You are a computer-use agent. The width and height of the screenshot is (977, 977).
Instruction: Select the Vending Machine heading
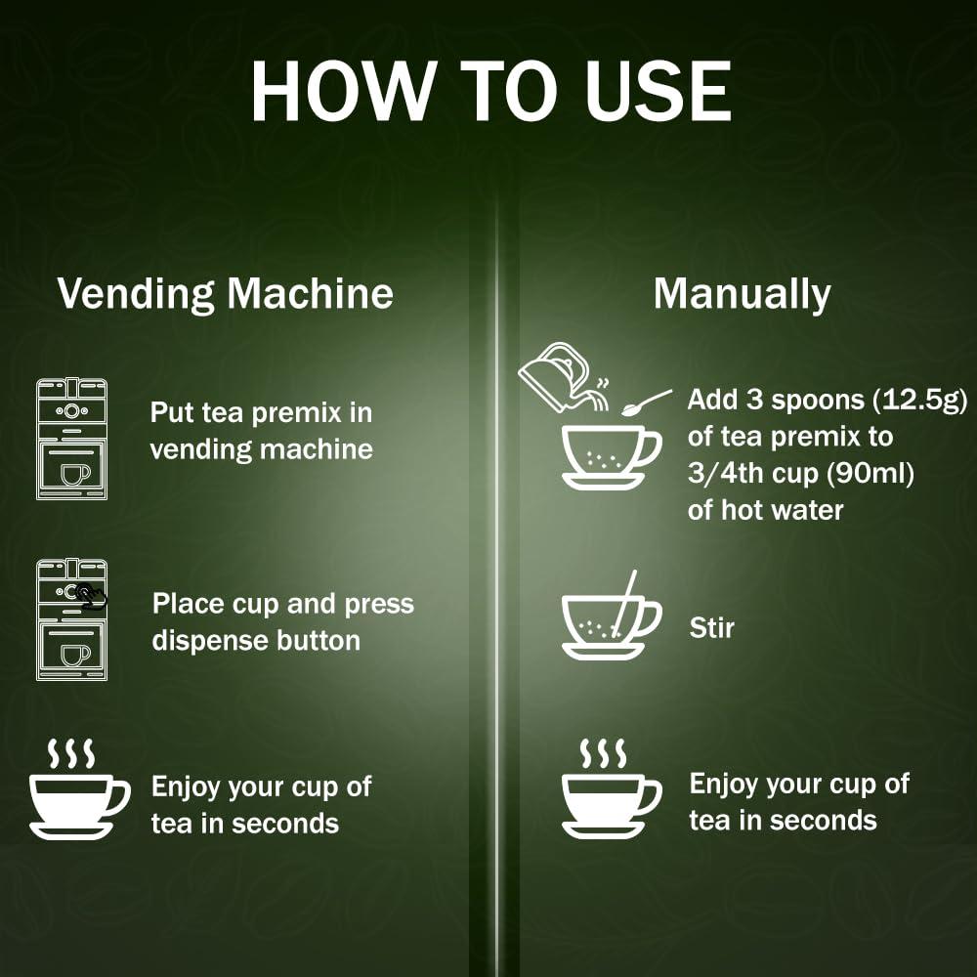(x=226, y=294)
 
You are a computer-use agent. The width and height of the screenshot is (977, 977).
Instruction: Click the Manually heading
(x=742, y=294)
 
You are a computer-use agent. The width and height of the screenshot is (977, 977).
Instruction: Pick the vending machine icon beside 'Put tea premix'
(x=71, y=439)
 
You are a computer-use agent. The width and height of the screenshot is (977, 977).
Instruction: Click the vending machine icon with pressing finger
(x=71, y=619)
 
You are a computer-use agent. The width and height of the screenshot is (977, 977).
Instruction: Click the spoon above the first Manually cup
(x=647, y=402)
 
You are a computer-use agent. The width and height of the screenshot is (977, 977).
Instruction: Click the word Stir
(x=712, y=627)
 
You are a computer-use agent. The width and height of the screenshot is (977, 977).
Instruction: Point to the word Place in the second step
(x=189, y=605)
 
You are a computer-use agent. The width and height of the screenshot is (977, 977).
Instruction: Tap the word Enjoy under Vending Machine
(x=186, y=786)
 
